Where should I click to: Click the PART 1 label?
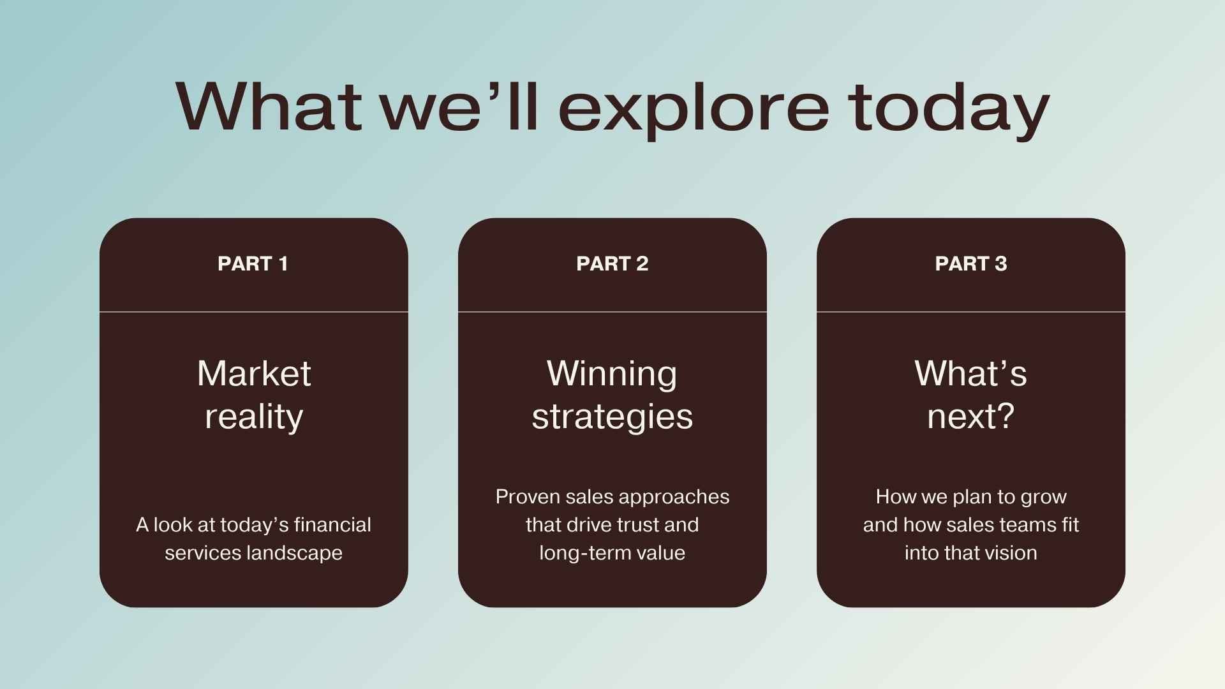tap(253, 263)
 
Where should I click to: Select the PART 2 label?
tap(612, 263)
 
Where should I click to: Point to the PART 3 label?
tap(970, 263)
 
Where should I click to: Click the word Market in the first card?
tap(254, 373)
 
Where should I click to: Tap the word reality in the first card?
tap(254, 417)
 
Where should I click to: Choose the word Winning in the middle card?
tap(612, 374)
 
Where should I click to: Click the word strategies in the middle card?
tap(612, 417)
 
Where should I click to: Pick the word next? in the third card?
tap(970, 417)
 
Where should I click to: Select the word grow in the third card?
tap(1043, 498)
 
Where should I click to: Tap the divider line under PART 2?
tap(612, 312)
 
